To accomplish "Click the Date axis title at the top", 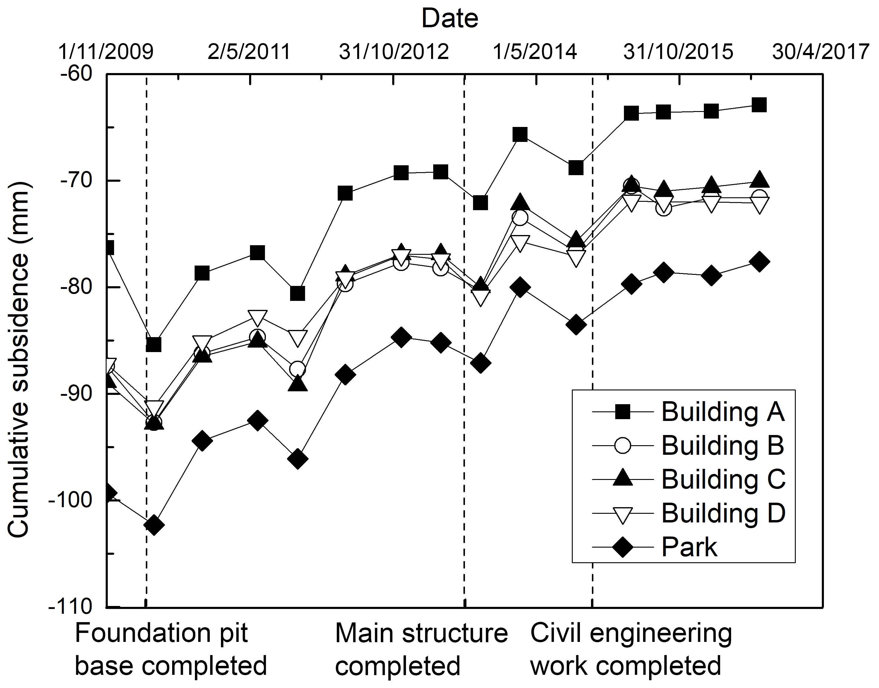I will (450, 19).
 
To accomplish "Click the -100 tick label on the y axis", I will (70, 500).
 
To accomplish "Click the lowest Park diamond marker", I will (154, 525).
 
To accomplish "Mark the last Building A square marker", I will (759, 105).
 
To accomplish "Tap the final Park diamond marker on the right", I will (759, 262).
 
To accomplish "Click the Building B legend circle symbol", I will (622, 446).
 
